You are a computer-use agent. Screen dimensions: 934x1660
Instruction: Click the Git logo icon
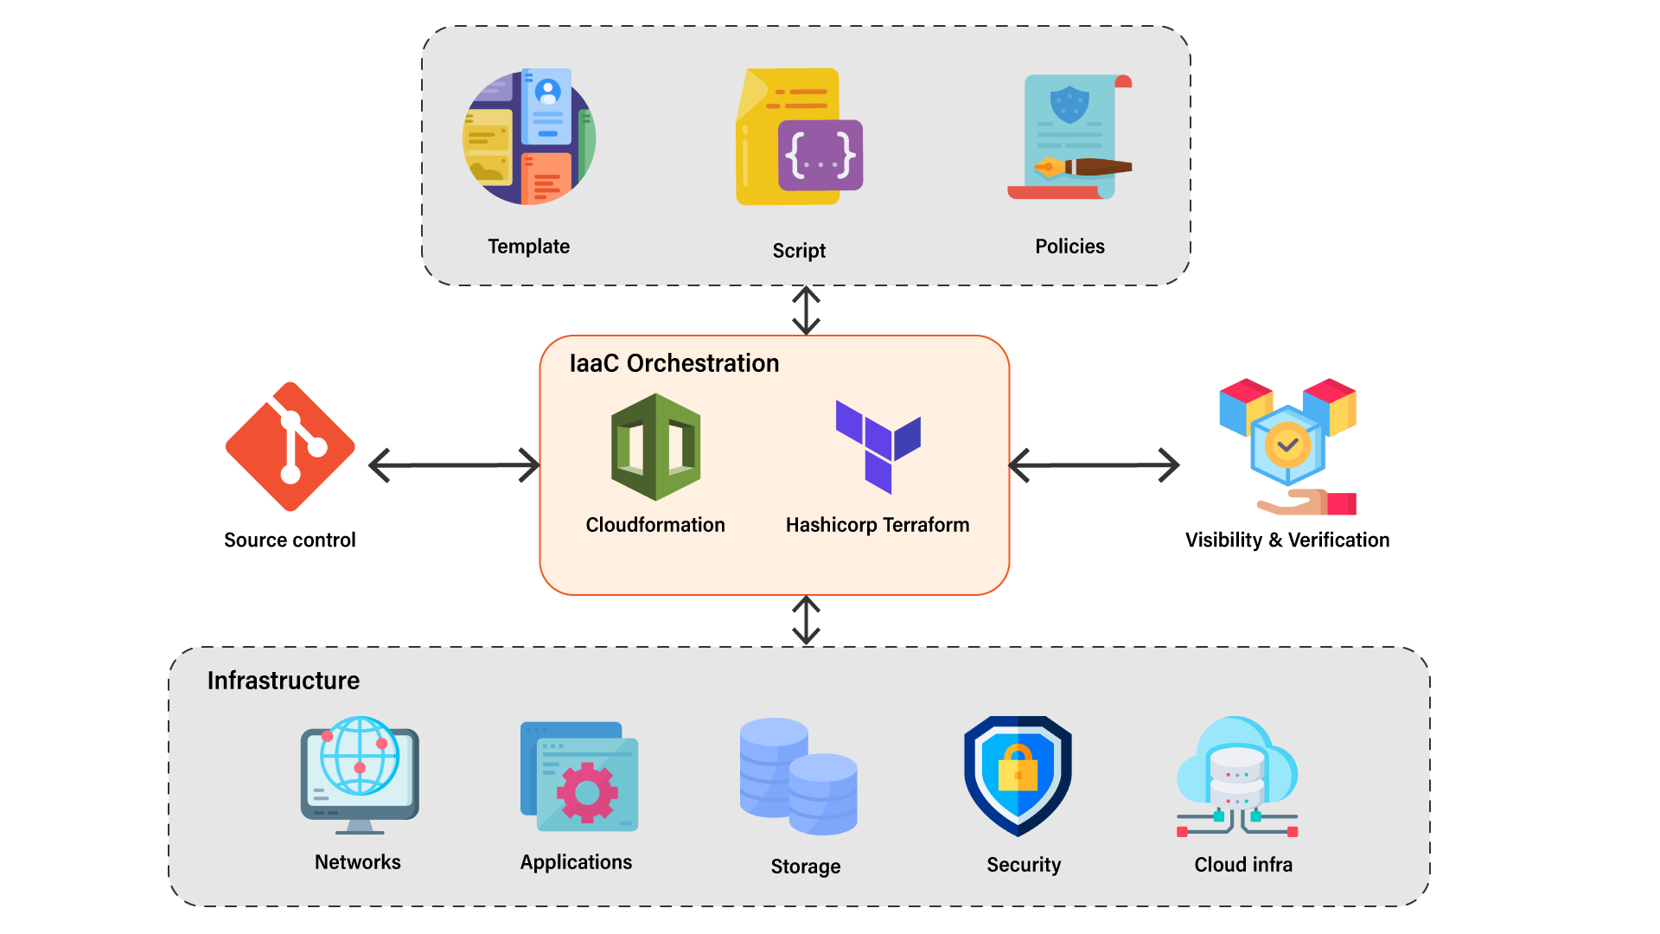tap(290, 447)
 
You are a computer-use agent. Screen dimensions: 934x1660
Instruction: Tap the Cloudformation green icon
tap(655, 447)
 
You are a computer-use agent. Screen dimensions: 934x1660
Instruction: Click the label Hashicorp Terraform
tap(877, 525)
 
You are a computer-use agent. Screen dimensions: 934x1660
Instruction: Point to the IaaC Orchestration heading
tap(674, 363)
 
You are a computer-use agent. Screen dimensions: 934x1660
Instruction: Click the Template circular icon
tap(529, 138)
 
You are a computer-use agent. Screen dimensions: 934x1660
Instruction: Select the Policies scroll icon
tap(1070, 138)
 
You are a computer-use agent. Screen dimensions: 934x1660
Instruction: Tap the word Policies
tap(1069, 246)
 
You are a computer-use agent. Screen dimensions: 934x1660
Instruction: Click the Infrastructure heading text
tap(283, 681)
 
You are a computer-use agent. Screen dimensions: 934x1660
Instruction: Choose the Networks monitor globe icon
tap(360, 775)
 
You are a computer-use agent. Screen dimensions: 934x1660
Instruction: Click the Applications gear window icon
tap(578, 776)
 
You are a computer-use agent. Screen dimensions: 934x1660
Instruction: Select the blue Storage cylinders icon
tap(798, 776)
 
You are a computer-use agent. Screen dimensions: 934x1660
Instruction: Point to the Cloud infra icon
tap(1237, 776)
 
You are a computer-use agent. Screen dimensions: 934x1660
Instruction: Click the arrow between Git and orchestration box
tap(454, 465)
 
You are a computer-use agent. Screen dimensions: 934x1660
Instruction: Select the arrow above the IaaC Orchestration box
tap(806, 310)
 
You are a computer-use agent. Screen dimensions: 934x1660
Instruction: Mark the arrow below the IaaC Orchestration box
tap(806, 620)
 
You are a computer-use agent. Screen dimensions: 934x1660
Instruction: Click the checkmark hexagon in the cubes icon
tap(1287, 445)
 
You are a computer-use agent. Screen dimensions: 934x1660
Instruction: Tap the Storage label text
tap(805, 867)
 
